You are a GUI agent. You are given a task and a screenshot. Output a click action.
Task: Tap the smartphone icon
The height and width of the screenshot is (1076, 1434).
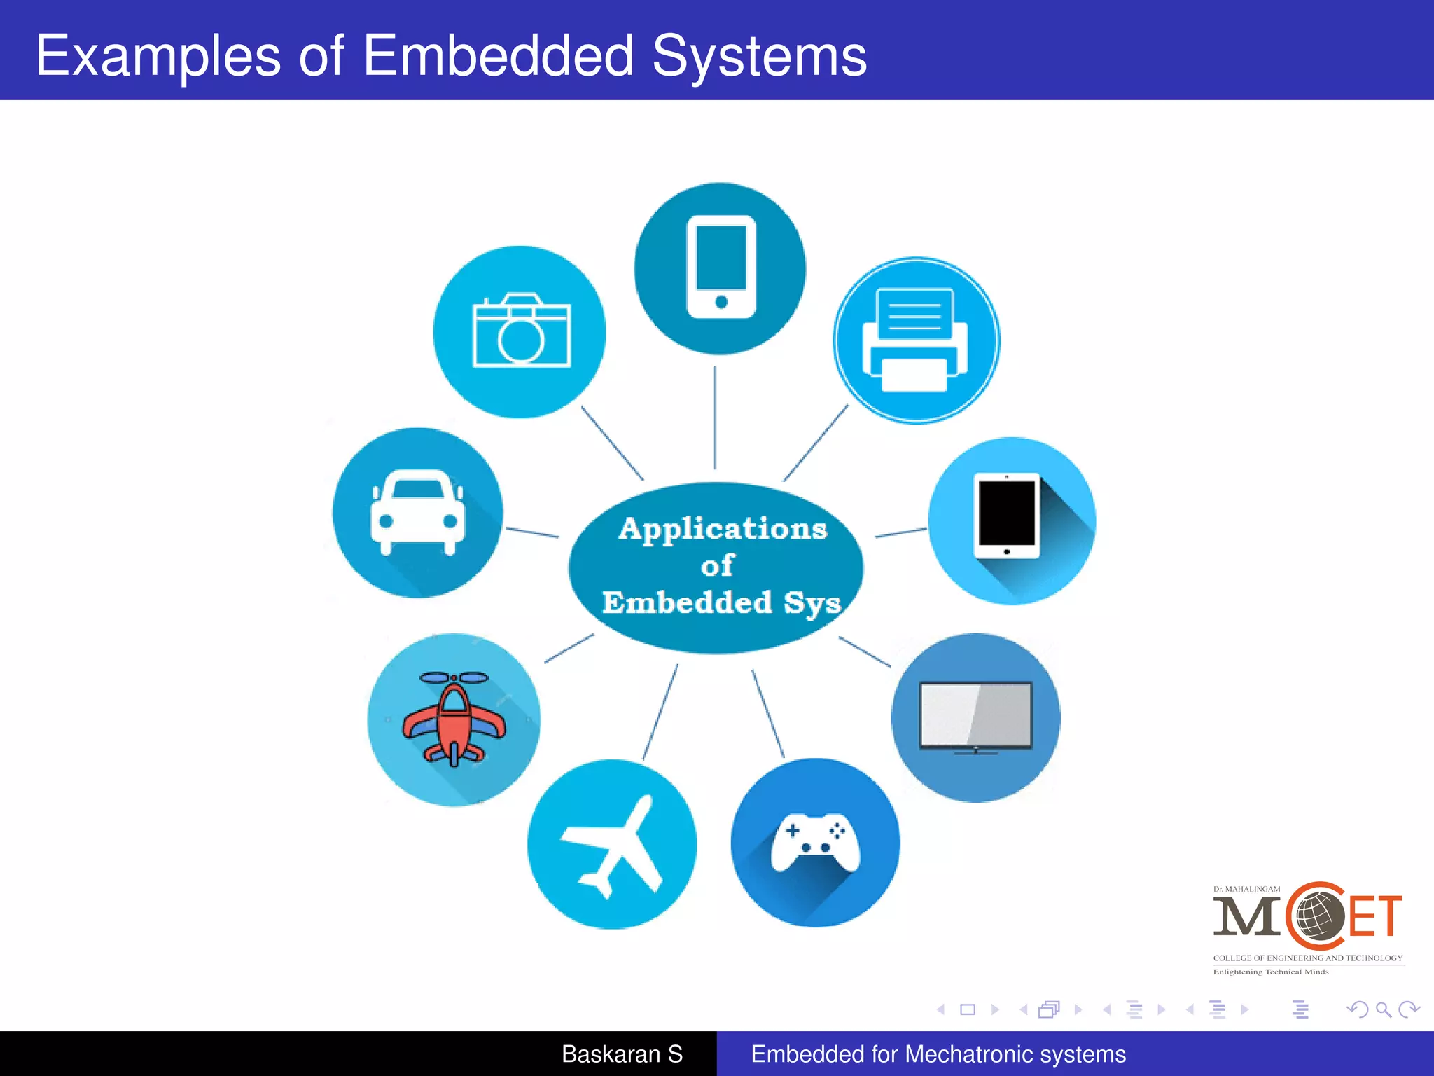pos(721,267)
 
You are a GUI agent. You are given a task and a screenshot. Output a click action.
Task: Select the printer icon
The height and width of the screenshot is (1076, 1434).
pos(916,340)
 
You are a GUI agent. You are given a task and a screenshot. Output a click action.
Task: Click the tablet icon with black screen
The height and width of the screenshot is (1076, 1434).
pos(1007,516)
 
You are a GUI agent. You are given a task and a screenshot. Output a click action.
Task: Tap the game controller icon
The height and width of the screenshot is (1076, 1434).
pos(816,843)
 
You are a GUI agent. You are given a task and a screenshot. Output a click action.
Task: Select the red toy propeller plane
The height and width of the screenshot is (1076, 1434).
pos(454,717)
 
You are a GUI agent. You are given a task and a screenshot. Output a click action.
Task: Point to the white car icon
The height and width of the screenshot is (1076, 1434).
pos(417,512)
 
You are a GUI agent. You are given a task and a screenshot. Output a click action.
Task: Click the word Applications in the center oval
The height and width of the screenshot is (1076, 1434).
pos(723,529)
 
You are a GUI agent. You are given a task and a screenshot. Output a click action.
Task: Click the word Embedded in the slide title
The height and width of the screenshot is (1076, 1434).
pos(499,55)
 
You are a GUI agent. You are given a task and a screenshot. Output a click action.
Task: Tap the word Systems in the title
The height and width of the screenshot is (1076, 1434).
pos(760,55)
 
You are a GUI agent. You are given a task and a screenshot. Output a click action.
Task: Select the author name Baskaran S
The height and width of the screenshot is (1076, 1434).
pos(622,1054)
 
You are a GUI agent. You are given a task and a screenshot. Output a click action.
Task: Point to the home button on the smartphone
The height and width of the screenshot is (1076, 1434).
pos(721,302)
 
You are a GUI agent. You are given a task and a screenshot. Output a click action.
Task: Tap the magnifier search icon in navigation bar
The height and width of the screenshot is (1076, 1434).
pos(1383,1009)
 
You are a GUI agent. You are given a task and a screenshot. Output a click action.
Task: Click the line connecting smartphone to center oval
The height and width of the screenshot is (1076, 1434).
pos(715,418)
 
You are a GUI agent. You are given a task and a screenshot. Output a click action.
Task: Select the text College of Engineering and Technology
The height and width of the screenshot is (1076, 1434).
pos(1307,958)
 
